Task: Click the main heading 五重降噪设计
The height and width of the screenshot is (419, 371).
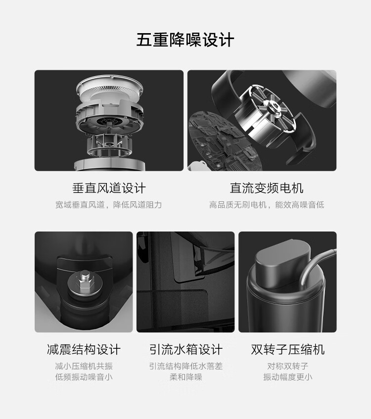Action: pyautogui.click(x=185, y=40)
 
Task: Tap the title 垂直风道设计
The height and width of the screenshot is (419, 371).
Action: pyautogui.click(x=109, y=188)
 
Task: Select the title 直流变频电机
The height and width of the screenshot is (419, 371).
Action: pyautogui.click(x=267, y=188)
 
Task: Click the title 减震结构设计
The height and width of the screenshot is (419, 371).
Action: pyautogui.click(x=84, y=350)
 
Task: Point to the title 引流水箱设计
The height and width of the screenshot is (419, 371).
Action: pyautogui.click(x=186, y=350)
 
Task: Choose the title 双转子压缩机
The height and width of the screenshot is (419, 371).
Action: pyautogui.click(x=288, y=350)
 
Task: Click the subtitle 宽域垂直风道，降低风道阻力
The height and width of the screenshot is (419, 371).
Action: pyautogui.click(x=108, y=205)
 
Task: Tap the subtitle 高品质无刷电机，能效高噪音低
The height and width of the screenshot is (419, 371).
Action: pyautogui.click(x=267, y=205)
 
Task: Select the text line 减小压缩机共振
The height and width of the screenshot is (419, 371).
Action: pyautogui.click(x=84, y=366)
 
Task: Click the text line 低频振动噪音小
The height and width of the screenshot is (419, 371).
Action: pyautogui.click(x=84, y=377)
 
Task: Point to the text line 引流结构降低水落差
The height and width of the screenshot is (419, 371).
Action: pyautogui.click(x=186, y=366)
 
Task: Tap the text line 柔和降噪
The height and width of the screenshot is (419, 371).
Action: pyautogui.click(x=186, y=377)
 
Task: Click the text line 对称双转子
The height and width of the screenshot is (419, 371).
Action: pyautogui.click(x=288, y=366)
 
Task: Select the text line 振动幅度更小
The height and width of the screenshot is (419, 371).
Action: pyautogui.click(x=288, y=377)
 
